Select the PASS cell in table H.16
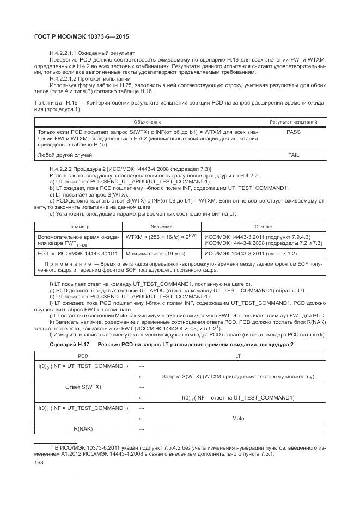(x=294, y=132)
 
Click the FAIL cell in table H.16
(x=294, y=155)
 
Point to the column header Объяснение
(x=148, y=122)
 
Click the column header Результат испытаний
(x=294, y=122)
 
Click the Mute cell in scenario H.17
(x=237, y=418)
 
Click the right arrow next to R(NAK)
(x=141, y=429)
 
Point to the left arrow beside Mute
(x=141, y=418)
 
